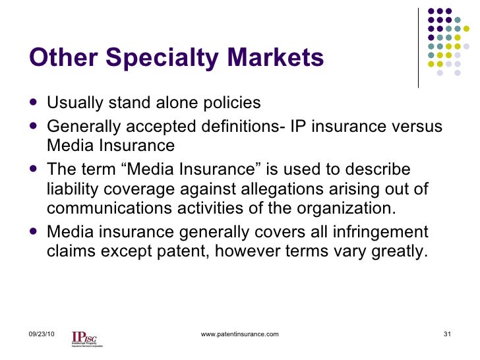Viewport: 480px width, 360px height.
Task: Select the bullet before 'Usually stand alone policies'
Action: click(34, 103)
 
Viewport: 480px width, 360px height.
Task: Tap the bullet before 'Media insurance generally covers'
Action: click(34, 232)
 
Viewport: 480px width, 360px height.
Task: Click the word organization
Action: click(349, 210)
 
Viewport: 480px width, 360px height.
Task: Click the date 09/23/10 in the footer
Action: click(42, 334)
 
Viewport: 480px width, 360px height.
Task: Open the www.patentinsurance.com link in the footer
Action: click(239, 334)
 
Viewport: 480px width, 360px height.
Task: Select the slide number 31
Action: click(446, 334)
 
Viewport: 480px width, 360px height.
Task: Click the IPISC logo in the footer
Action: click(86, 337)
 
